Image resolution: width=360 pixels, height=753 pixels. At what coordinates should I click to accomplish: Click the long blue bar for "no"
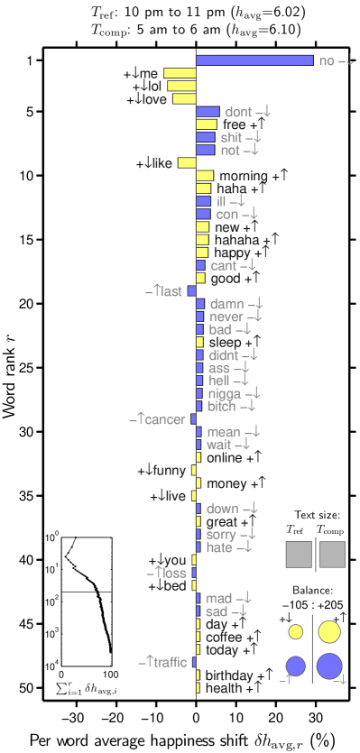click(254, 60)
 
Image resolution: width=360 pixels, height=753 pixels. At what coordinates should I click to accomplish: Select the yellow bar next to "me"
click(180, 73)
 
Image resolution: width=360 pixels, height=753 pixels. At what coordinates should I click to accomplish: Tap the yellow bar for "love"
click(184, 99)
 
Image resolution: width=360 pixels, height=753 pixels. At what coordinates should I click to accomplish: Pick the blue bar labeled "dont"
click(208, 112)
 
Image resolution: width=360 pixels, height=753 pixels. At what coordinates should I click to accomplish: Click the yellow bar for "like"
click(187, 163)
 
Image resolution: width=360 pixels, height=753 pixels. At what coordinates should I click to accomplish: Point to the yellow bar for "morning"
click(205, 176)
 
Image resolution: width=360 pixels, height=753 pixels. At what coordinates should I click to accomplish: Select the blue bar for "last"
click(192, 291)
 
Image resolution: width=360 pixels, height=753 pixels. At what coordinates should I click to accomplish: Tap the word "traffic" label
click(170, 663)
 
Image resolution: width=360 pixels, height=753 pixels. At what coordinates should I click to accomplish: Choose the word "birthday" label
click(229, 675)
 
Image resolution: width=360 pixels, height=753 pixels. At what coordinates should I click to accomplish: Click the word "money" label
click(226, 484)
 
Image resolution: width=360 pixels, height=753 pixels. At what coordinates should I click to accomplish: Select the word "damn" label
click(226, 305)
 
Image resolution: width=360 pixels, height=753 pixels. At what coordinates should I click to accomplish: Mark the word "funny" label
click(170, 471)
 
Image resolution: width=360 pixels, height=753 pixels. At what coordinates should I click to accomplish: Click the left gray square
click(299, 554)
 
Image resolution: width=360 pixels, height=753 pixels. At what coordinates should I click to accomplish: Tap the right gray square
click(332, 554)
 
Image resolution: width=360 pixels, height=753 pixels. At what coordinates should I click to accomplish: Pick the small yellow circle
click(295, 631)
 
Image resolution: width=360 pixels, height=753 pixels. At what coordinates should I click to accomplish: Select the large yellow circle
click(329, 631)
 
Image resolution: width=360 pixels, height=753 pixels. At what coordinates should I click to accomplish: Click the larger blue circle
click(329, 667)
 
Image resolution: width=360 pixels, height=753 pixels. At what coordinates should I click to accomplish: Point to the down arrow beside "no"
click(348, 61)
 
